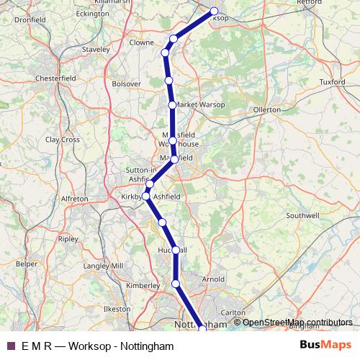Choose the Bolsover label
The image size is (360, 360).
coord(127,84)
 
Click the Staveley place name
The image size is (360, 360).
coord(95,50)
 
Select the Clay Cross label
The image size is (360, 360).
coord(63,139)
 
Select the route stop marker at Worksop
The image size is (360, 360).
coord(214,11)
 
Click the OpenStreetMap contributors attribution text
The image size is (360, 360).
coord(297,322)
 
